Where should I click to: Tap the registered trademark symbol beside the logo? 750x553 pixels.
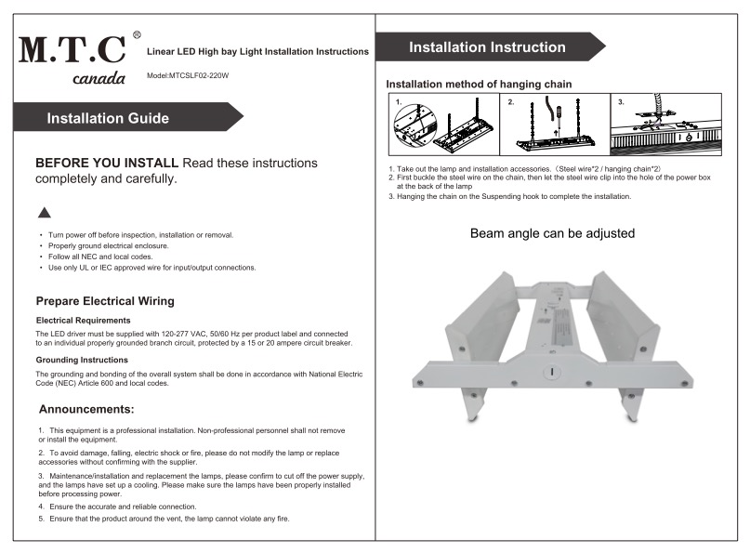137,34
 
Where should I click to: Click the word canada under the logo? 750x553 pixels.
99,78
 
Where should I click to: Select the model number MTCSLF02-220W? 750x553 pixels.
187,74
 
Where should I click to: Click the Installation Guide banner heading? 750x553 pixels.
108,118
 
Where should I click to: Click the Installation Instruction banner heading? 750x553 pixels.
487,47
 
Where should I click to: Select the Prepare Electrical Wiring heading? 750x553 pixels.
104,301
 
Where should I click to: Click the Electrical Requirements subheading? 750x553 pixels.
76,320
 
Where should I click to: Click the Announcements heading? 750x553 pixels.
86,409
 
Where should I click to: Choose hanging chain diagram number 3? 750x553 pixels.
664,125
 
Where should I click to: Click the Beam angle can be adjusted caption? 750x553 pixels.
552,233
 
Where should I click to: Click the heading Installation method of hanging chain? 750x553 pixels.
479,84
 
